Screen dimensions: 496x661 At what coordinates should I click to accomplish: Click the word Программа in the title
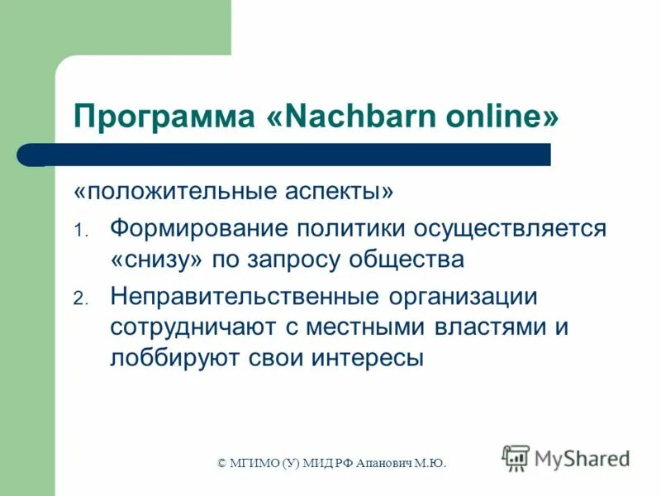[162, 117]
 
